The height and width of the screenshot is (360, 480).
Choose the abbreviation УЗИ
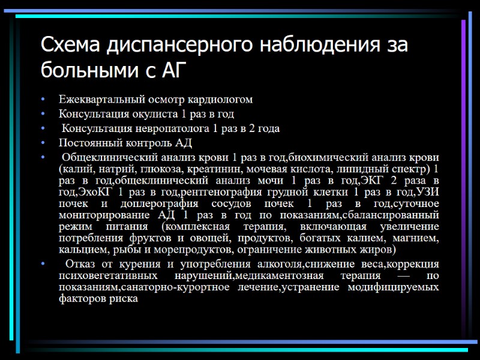(427, 192)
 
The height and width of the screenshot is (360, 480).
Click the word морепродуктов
(199, 249)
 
